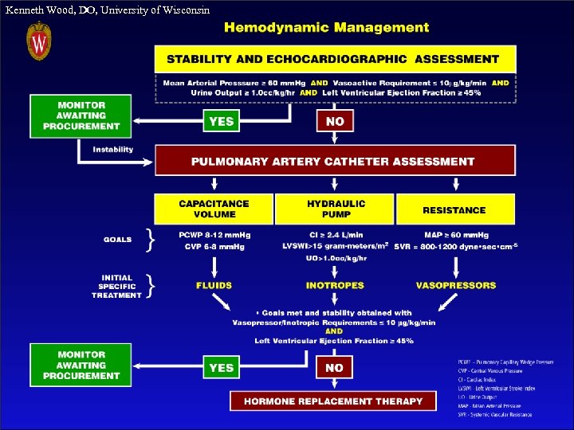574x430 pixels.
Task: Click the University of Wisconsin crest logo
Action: click(x=39, y=41)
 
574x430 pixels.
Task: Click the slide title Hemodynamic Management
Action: click(x=326, y=27)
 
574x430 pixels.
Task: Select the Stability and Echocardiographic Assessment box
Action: click(x=335, y=58)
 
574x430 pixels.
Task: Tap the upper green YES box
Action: click(x=221, y=121)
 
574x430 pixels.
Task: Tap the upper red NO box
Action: click(x=335, y=121)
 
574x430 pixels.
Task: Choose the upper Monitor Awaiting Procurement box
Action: click(x=81, y=116)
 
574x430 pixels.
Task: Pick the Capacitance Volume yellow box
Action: click(x=214, y=209)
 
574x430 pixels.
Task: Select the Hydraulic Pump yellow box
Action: click(x=335, y=209)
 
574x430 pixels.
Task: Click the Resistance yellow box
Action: click(x=455, y=209)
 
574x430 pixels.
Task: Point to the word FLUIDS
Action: click(x=214, y=285)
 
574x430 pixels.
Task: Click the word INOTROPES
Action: click(x=335, y=285)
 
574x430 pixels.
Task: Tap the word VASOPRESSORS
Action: click(x=455, y=285)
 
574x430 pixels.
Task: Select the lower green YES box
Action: click(x=221, y=368)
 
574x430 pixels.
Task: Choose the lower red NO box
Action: click(x=335, y=368)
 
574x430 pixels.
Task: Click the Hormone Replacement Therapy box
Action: click(x=333, y=401)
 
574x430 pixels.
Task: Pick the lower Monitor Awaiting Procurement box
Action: click(x=81, y=365)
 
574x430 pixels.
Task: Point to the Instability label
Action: click(x=113, y=150)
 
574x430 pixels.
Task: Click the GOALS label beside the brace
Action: click(x=118, y=240)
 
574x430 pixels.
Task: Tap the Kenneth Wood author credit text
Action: click(x=108, y=10)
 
